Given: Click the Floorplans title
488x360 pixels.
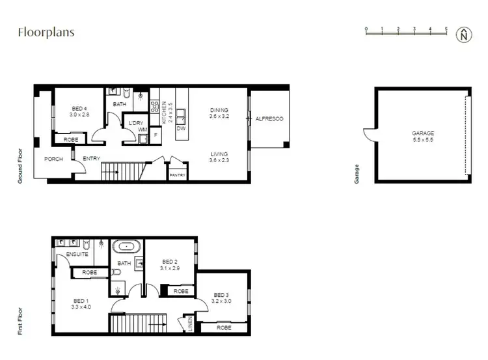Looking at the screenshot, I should click(46, 32).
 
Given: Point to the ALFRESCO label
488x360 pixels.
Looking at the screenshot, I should click(268, 118).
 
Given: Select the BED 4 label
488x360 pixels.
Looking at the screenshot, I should click(79, 109).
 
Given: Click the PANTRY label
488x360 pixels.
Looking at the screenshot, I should click(177, 175).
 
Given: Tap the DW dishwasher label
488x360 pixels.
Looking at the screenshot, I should click(181, 129).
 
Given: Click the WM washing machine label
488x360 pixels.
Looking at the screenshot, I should click(142, 130).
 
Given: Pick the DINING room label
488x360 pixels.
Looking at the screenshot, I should click(220, 110).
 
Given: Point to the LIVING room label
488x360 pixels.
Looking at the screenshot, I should click(220, 154).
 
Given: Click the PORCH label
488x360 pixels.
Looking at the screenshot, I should click(53, 159).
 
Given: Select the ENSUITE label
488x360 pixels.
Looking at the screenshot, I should click(77, 254).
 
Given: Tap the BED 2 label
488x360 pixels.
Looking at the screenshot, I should click(170, 262).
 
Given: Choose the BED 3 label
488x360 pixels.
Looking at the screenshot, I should click(221, 294).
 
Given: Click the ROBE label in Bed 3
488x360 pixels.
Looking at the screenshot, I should click(224, 328).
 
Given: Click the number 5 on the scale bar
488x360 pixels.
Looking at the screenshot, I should click(446, 29).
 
